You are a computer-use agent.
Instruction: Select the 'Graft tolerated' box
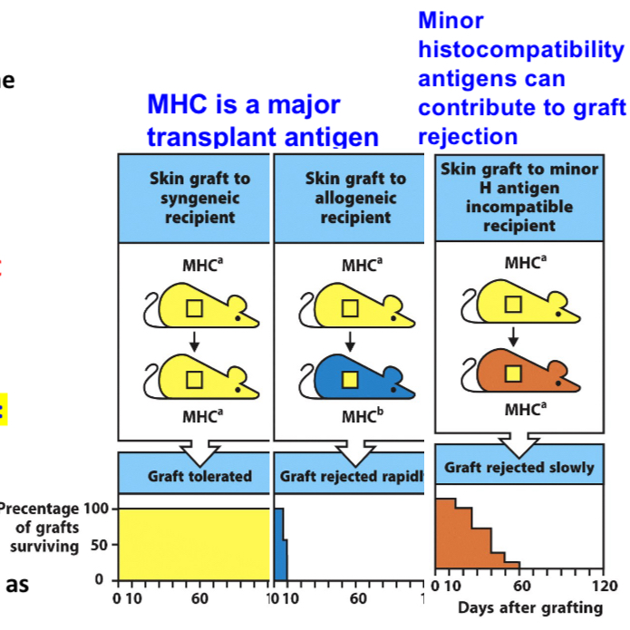point(199,475)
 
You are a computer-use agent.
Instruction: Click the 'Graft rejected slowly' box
point(519,468)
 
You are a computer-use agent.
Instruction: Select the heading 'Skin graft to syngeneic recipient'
point(199,199)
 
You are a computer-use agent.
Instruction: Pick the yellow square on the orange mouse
point(513,373)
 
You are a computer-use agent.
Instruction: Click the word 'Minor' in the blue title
point(451,20)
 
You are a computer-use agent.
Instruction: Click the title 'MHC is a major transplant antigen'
point(263,121)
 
